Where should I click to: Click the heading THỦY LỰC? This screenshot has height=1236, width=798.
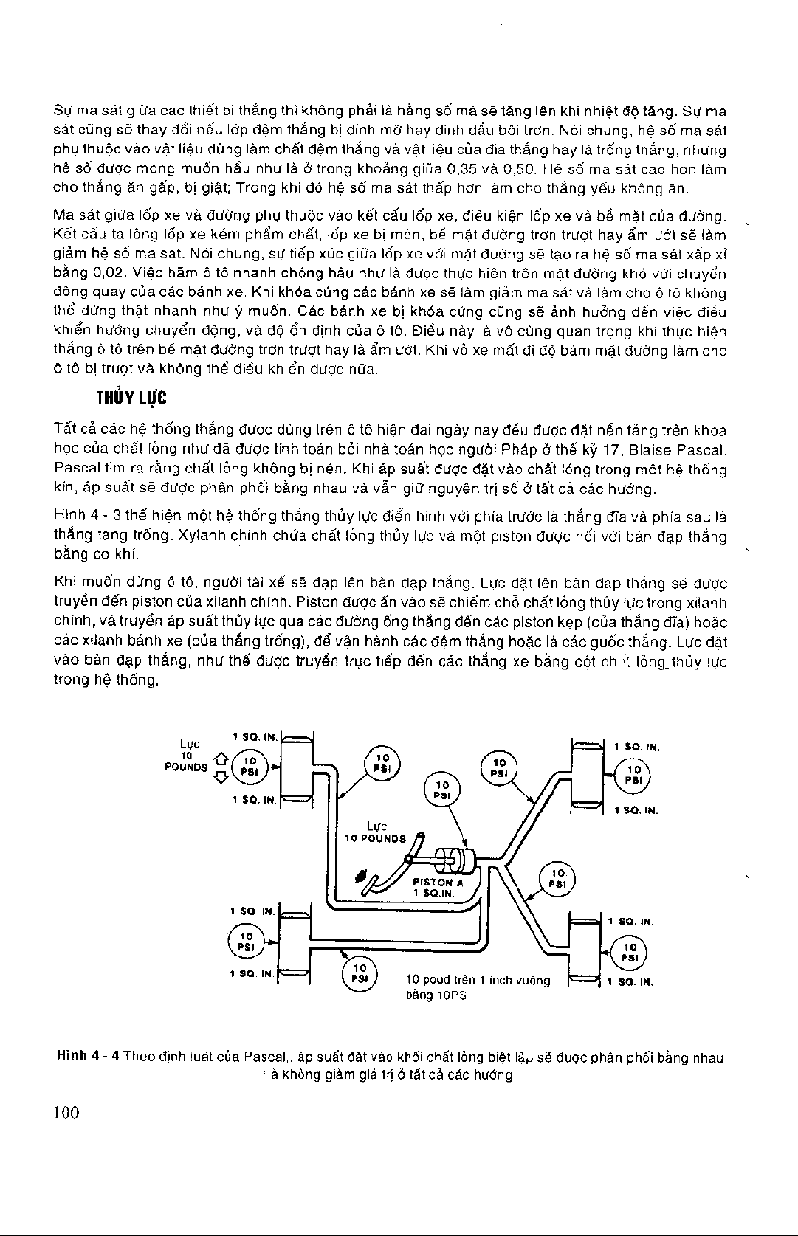click(132, 398)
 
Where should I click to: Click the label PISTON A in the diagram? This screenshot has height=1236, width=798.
click(437, 882)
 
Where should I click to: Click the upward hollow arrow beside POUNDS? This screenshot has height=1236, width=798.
click(219, 759)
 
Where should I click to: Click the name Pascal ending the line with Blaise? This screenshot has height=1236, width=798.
click(705, 449)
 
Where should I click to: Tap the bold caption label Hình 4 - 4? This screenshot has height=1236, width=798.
click(89, 1057)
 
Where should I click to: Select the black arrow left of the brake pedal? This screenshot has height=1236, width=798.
click(361, 876)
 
